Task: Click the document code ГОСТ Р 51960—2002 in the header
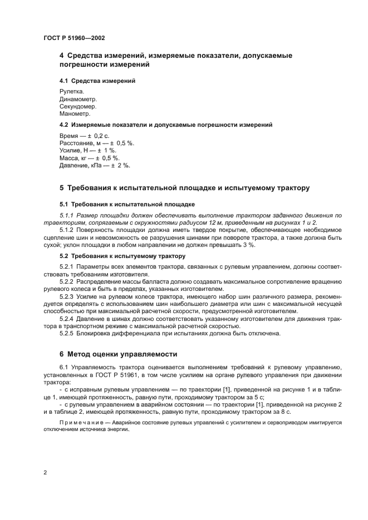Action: coord(74,38)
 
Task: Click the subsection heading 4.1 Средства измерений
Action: coord(97,81)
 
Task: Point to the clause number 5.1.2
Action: coord(67,230)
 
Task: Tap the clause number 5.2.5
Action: coord(67,334)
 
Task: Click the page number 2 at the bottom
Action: coord(45,473)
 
